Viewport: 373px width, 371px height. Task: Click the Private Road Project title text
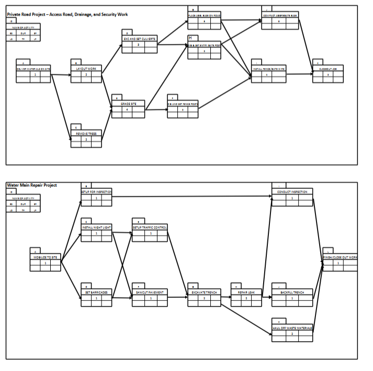[67, 14]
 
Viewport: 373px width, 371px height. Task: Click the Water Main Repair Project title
[32, 185]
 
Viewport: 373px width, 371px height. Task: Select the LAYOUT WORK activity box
[86, 73]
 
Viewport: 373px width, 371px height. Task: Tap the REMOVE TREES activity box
[86, 137]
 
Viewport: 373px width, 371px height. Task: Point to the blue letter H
[190, 38]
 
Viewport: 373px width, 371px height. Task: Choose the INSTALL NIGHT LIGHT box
[97, 231]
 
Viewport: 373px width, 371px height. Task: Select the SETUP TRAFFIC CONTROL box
[150, 231]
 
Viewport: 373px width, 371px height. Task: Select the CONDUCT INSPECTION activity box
[292, 195]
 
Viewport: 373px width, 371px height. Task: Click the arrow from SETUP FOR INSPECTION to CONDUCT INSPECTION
[192, 197]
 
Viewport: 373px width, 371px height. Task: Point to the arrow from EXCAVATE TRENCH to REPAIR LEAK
[226, 297]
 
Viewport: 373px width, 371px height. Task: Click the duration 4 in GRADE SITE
[127, 109]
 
